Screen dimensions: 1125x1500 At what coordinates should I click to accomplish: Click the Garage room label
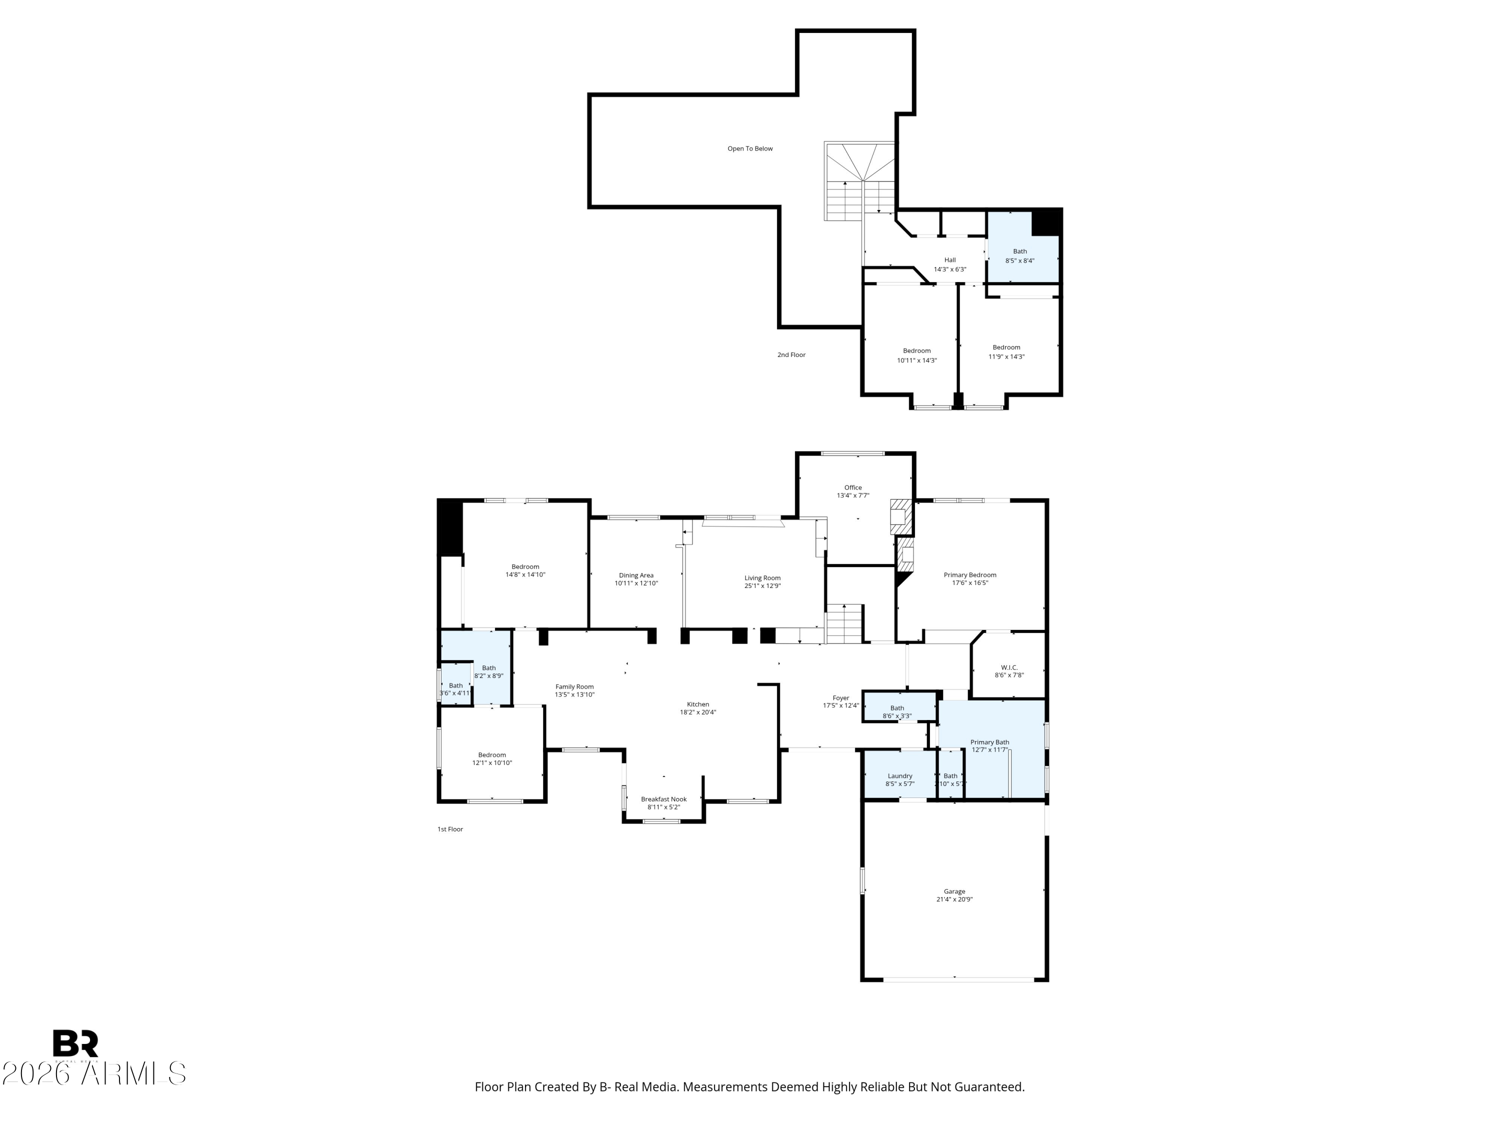tap(954, 891)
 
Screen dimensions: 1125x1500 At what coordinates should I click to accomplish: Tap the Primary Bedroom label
tap(969, 575)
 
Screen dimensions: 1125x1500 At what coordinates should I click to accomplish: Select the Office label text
tap(853, 487)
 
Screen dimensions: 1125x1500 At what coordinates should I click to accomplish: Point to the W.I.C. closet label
tap(1009, 667)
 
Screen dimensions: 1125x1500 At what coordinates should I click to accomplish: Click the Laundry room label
tap(900, 776)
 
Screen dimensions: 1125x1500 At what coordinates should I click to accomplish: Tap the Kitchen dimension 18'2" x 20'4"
tap(698, 712)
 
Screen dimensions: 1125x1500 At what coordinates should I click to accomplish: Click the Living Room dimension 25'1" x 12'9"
tap(762, 586)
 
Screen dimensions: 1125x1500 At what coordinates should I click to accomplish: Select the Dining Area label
tap(636, 575)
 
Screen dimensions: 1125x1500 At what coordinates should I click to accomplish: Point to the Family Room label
tap(574, 687)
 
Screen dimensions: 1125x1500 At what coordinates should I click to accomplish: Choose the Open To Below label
tap(750, 148)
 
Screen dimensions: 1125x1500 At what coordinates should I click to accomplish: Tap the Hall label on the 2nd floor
tap(950, 259)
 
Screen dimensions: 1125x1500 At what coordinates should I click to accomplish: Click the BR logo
tap(75, 1043)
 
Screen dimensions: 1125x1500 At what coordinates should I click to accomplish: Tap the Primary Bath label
tap(989, 742)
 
